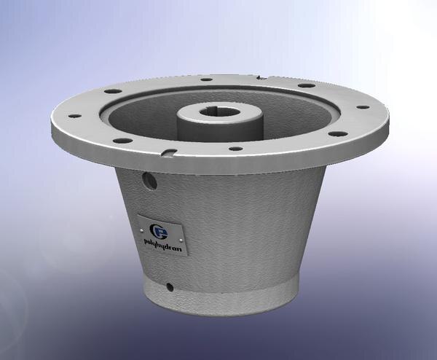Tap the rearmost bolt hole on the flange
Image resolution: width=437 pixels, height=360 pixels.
point(206,77)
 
